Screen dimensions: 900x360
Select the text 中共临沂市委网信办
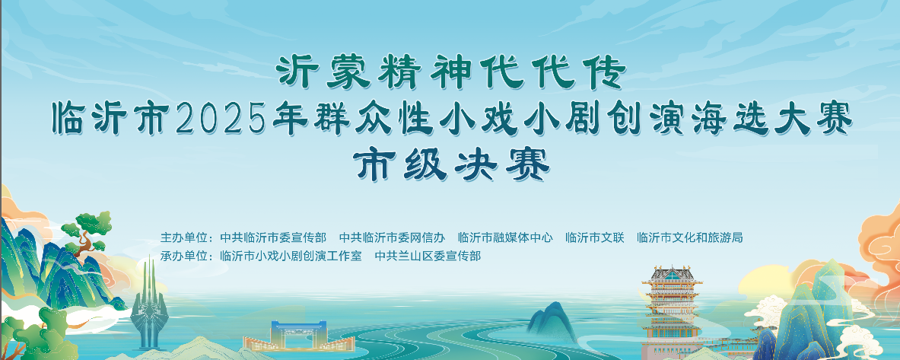[x=392, y=237]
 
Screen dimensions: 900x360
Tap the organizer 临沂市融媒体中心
[x=505, y=237]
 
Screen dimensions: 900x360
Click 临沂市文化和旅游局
[x=690, y=237]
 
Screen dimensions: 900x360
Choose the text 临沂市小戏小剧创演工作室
[x=291, y=256]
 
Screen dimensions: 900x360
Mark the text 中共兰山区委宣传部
[x=428, y=256]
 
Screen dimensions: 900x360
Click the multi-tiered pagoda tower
[x=672, y=310]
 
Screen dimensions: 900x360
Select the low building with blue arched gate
[x=298, y=336]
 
